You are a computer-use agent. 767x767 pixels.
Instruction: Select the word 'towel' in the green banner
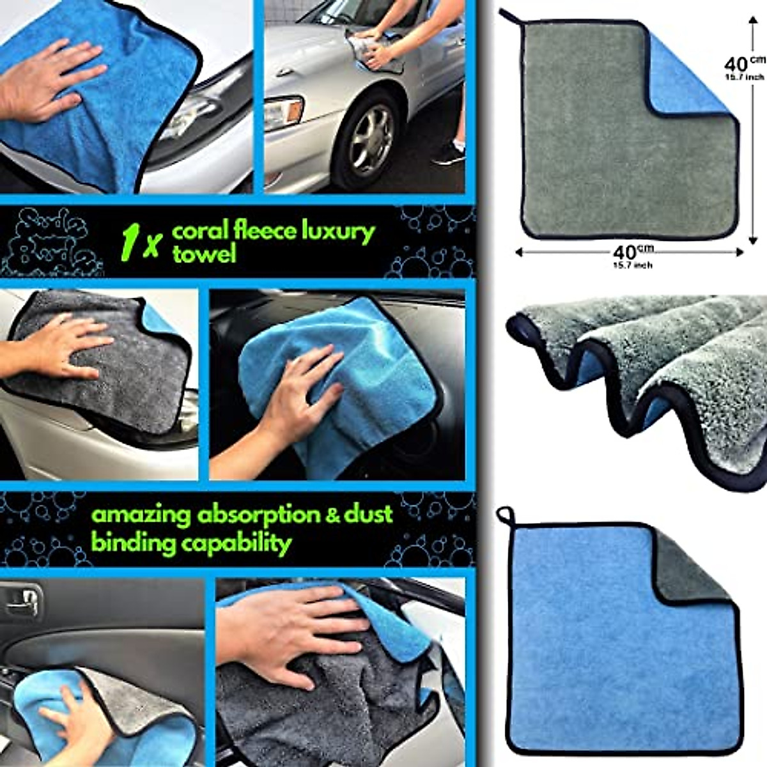coord(204,254)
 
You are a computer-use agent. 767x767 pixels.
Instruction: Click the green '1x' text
coord(139,244)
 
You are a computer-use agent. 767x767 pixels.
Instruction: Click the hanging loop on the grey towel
coord(509,19)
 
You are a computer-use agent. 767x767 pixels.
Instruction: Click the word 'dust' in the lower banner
coord(370,515)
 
